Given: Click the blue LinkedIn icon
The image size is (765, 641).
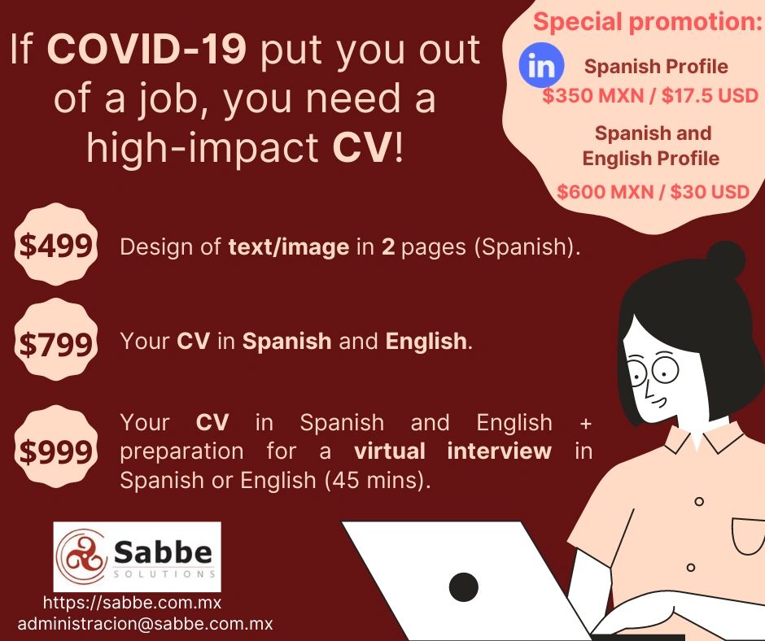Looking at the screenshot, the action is [x=541, y=65].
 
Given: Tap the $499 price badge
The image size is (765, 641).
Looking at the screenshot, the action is [x=55, y=244].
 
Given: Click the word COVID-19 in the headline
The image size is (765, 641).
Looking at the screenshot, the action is [x=146, y=50].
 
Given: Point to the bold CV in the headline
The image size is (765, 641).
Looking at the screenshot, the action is [x=362, y=147].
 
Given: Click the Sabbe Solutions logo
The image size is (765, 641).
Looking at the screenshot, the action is [x=137, y=556].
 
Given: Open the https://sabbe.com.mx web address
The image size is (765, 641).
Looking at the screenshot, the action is [x=132, y=603].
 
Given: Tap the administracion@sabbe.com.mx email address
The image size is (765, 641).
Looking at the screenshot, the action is [x=145, y=623].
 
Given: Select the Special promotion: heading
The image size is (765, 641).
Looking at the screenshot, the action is [x=648, y=22].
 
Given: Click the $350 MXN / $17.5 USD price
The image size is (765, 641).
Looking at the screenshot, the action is [x=650, y=95].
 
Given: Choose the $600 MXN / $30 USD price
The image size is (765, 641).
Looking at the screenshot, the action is [x=654, y=191].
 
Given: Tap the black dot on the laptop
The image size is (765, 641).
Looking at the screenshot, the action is [x=463, y=586].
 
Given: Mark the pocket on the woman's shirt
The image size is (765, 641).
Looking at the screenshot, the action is [x=749, y=535].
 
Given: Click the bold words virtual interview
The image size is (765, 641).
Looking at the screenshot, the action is [x=452, y=451].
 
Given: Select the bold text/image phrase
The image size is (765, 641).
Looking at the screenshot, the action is [x=289, y=246].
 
